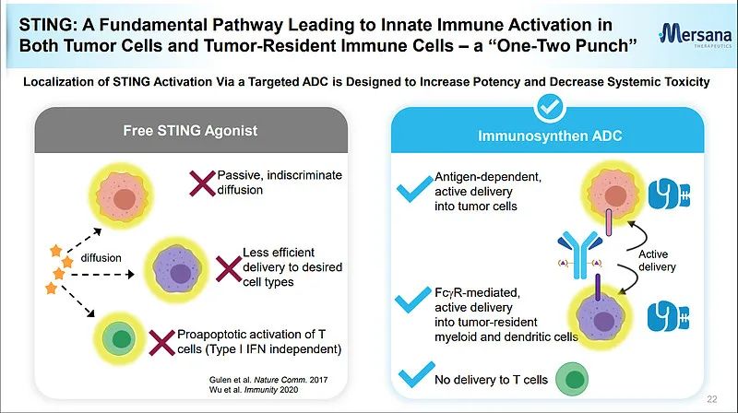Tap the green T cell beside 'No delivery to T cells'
click(577, 379)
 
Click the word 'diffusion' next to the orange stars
click(101, 258)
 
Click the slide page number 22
click(711, 399)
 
